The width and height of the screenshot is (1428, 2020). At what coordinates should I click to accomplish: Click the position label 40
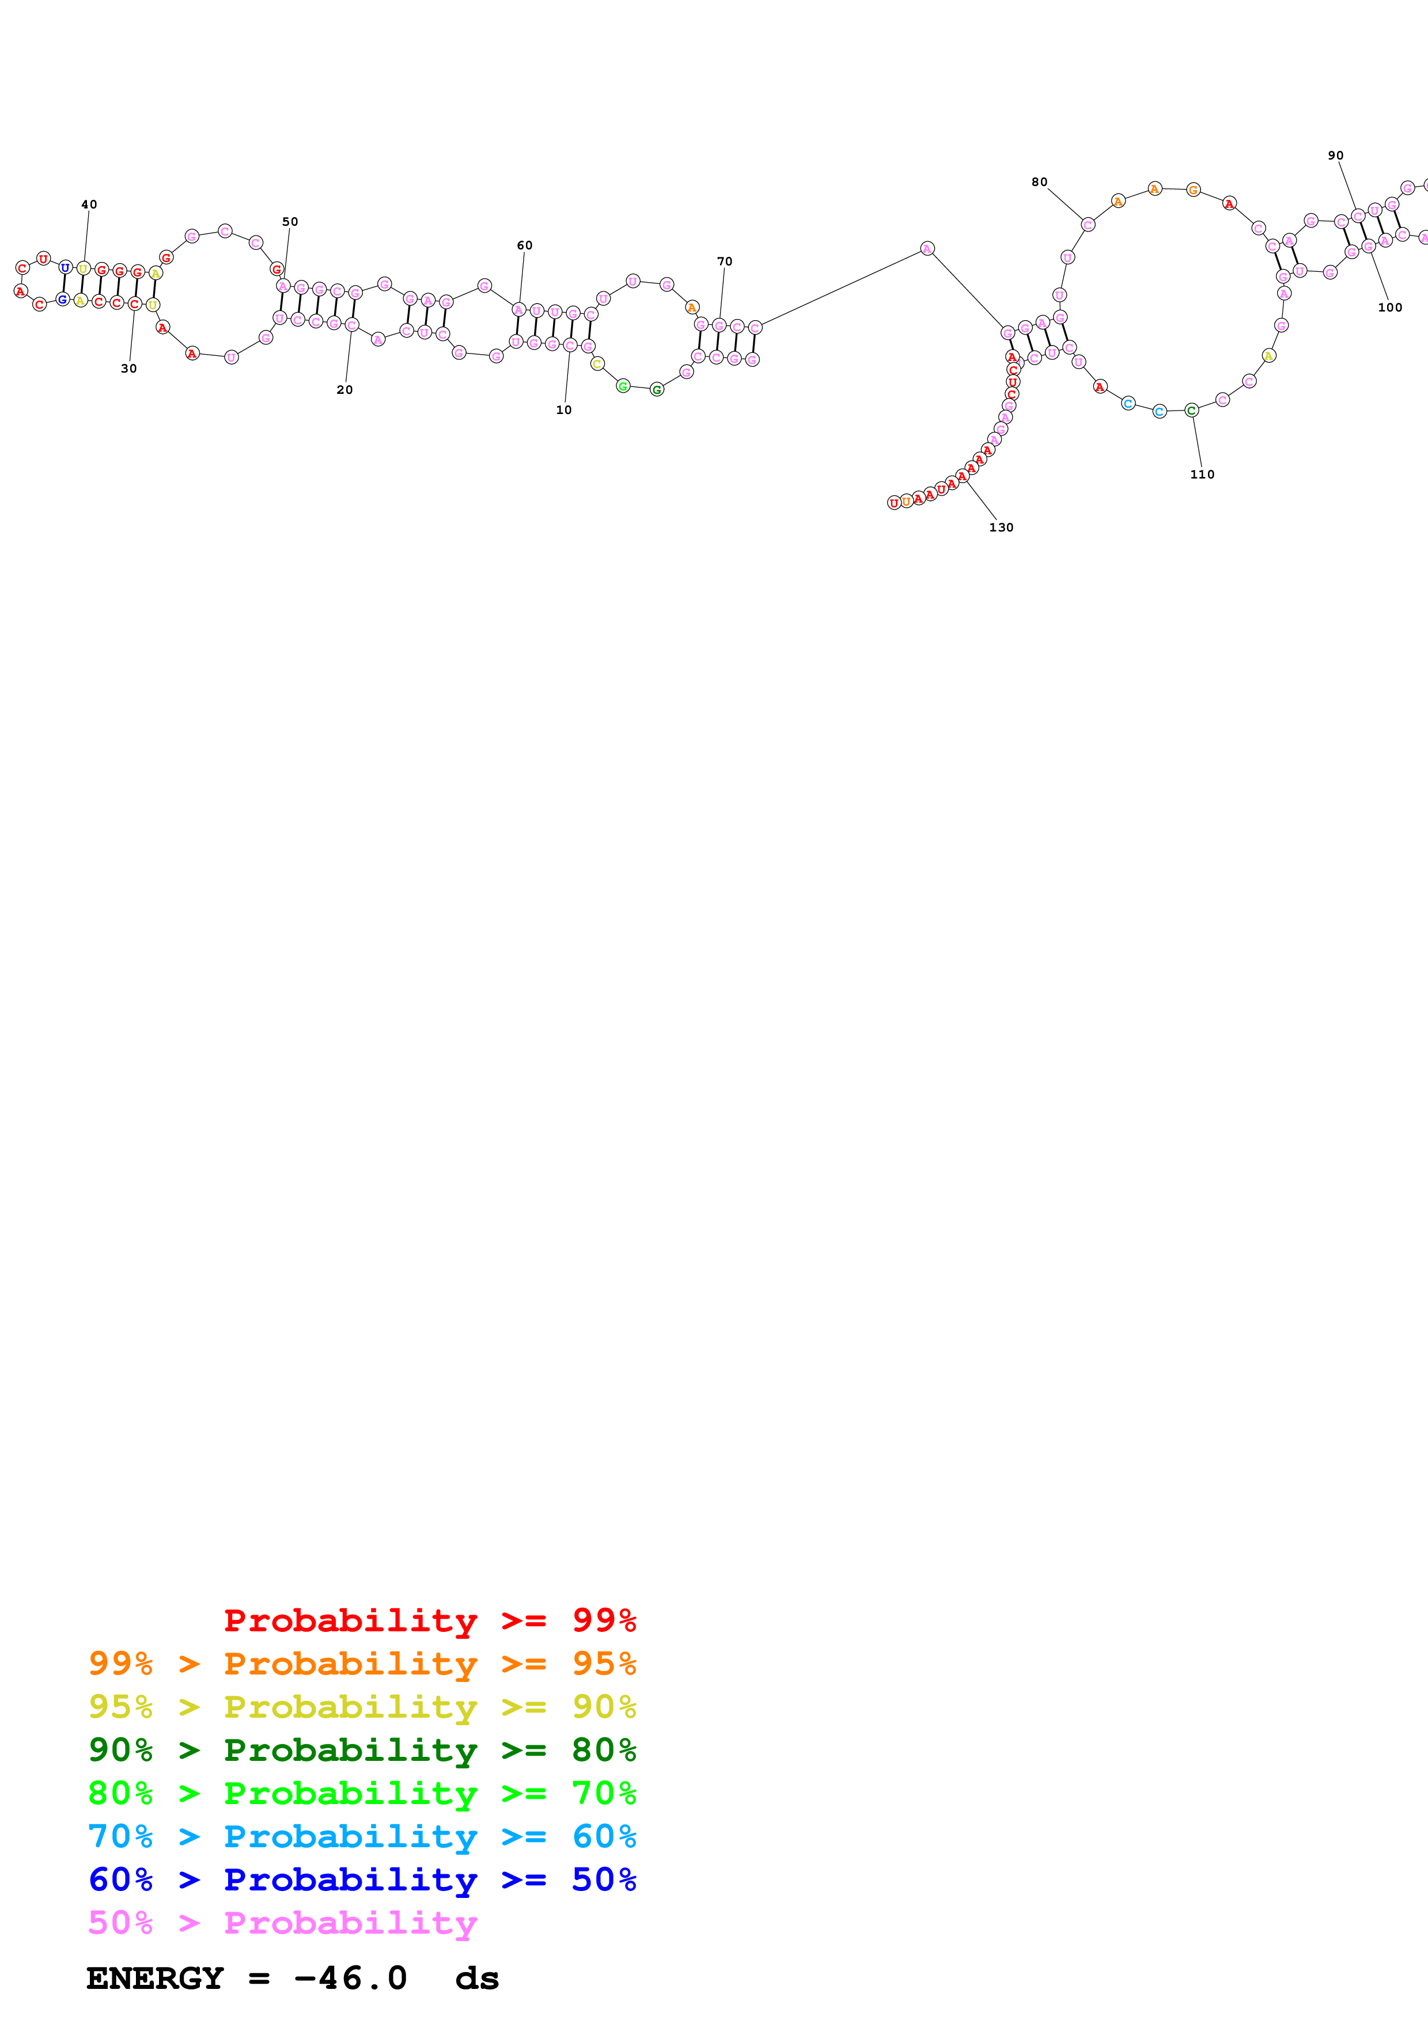[89, 204]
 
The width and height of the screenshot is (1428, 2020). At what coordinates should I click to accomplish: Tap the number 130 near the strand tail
[1001, 527]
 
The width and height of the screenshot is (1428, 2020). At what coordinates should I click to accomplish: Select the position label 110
[1202, 474]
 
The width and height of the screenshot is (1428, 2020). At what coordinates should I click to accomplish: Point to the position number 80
[1039, 182]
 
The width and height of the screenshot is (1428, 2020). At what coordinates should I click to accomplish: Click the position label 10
[563, 410]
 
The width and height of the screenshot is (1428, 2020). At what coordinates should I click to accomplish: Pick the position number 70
[724, 261]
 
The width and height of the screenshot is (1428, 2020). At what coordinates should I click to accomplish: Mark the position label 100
[1389, 307]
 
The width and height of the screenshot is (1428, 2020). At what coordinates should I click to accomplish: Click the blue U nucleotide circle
[65, 267]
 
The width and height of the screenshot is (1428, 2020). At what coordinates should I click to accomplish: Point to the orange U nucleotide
[906, 502]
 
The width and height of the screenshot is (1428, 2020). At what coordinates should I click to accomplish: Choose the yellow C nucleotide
[597, 363]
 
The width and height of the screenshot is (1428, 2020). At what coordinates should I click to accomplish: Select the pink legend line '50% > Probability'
[282, 1922]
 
